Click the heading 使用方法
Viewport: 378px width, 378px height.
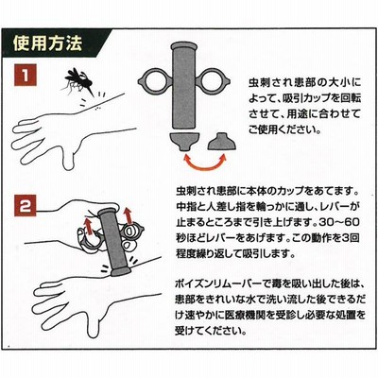coord(47,43)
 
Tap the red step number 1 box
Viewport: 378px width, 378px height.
coord(26,75)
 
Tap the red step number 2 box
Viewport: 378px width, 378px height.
coord(26,206)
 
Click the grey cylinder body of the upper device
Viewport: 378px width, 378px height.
coord(184,86)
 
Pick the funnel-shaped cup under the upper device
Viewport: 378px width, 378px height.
coord(184,142)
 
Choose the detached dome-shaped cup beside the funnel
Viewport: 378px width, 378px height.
coord(221,142)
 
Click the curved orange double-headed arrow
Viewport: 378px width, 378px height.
coord(204,165)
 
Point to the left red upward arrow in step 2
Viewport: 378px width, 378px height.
coord(89,224)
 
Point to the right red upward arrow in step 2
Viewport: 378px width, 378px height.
coord(127,215)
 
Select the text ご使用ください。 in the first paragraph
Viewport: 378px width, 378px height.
coord(284,129)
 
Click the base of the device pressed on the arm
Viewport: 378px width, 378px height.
coord(120,270)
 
